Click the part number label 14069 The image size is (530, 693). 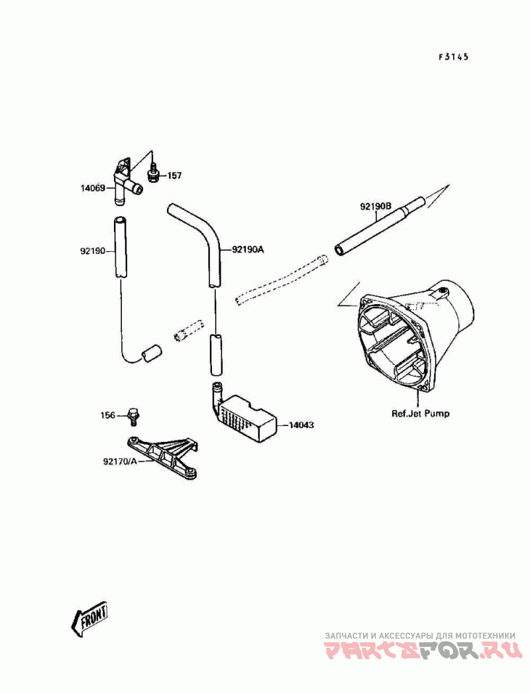point(93,188)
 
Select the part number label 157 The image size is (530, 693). point(174,176)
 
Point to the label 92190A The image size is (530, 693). point(248,250)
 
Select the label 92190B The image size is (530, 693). point(377,206)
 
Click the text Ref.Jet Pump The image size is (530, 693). point(420,413)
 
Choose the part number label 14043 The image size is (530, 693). point(302,425)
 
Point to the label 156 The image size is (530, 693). point(108,415)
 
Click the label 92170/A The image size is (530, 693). point(119,461)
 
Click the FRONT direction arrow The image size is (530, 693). point(89,620)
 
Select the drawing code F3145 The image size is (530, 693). point(453,57)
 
